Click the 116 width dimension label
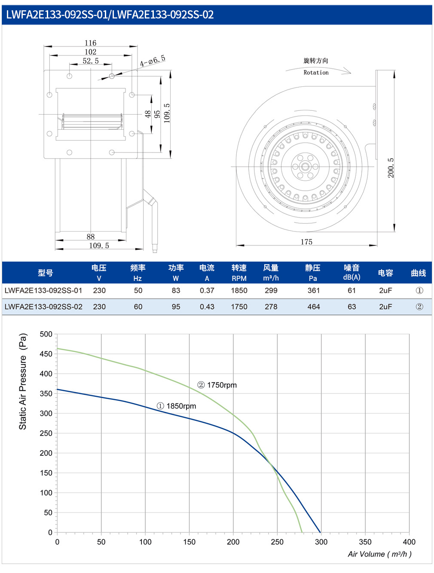click(90, 43)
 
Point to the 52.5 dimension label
click(91, 61)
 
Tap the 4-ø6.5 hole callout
click(153, 61)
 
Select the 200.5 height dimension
click(391, 168)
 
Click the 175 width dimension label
click(306, 242)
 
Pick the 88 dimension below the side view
click(90, 237)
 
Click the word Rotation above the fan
click(316, 72)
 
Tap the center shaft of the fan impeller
click(305, 167)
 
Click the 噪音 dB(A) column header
click(351, 272)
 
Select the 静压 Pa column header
click(312, 272)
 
